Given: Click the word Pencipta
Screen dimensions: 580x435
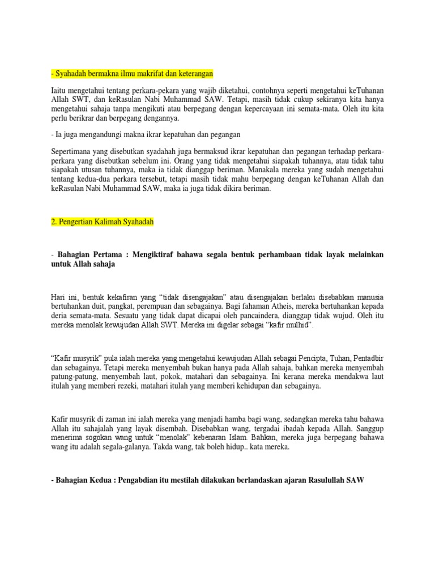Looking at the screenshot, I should pos(305,359).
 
